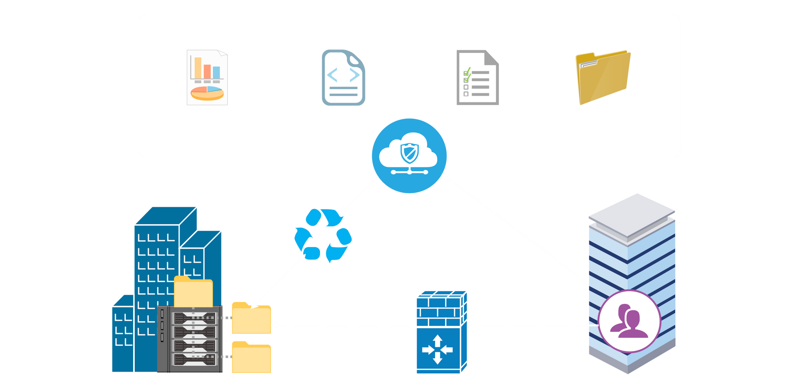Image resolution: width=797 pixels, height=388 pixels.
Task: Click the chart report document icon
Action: [207, 78]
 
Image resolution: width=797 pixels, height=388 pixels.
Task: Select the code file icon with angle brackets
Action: [343, 78]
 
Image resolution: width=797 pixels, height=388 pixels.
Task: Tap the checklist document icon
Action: [477, 78]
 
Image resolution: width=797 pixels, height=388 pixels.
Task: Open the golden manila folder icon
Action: [603, 78]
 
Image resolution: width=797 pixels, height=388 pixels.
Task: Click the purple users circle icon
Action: [629, 321]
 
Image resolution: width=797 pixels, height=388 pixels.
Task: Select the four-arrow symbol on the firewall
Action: [437, 349]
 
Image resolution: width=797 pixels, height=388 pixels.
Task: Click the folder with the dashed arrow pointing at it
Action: [251, 318]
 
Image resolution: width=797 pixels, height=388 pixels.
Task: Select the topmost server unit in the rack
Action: [194, 318]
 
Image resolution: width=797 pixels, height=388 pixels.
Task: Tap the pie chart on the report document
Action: [207, 93]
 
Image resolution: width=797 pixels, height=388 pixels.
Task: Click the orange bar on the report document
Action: [207, 71]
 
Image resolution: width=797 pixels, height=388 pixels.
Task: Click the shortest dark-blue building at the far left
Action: [122, 335]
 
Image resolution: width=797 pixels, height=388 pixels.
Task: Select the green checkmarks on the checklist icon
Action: [467, 74]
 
